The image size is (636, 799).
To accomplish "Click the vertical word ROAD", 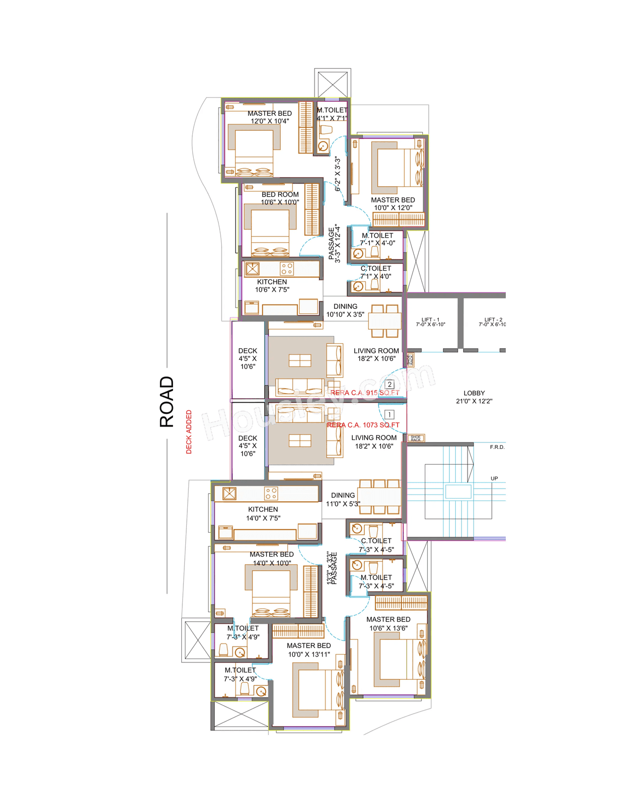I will [x=167, y=402].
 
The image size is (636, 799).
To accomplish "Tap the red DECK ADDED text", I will [x=189, y=432].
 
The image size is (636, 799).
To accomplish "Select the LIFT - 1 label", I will [x=430, y=322].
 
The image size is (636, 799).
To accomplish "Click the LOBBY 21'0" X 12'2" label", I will [x=474, y=397].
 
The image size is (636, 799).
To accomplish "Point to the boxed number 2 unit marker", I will [x=390, y=384].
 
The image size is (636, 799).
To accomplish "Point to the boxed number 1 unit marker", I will [x=390, y=414].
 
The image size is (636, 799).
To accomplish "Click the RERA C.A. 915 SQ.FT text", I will [x=365, y=393].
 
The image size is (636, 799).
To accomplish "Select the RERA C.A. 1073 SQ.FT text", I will [x=363, y=425].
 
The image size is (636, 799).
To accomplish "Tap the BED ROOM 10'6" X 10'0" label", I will [x=280, y=198].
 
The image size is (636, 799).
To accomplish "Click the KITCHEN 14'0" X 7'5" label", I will [x=263, y=513].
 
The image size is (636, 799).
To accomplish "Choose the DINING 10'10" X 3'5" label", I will [x=345, y=310].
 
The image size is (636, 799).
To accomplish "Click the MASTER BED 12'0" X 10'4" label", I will [x=270, y=117].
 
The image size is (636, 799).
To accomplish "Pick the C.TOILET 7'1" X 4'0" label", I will [x=376, y=272].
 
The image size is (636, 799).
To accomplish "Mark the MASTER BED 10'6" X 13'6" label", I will [x=389, y=624].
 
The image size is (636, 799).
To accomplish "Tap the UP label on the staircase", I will [x=494, y=479].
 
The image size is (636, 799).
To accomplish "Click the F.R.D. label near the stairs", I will [x=497, y=447].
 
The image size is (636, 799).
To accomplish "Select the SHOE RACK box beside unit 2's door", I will [x=410, y=360].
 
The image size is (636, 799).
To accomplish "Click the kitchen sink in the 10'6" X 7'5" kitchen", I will [x=252, y=269].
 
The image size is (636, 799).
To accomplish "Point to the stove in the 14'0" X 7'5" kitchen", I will [x=271, y=493].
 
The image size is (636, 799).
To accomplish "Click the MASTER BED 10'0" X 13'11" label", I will [x=309, y=650].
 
